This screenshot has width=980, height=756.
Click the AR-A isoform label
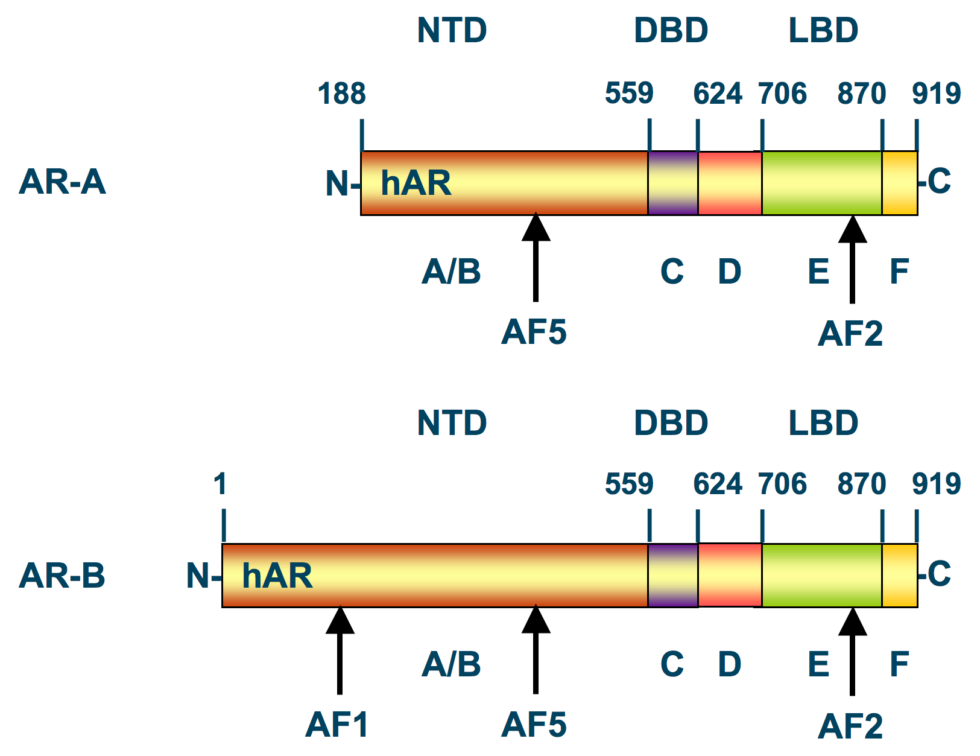pyautogui.click(x=62, y=182)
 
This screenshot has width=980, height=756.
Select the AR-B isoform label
pyautogui.click(x=62, y=575)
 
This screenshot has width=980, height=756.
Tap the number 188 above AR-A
pyautogui.click(x=341, y=94)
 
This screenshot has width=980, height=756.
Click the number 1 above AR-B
pyautogui.click(x=220, y=484)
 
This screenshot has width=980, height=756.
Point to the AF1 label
pyautogui.click(x=337, y=724)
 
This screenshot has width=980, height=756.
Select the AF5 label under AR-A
pyautogui.click(x=534, y=332)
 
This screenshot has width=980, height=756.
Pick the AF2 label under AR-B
pyautogui.click(x=850, y=726)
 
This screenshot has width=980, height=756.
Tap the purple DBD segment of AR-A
pyautogui.click(x=673, y=183)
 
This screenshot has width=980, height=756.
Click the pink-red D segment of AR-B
pyautogui.click(x=730, y=575)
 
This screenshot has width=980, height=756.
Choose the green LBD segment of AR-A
pyautogui.click(x=821, y=183)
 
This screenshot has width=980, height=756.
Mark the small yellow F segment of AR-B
pyautogui.click(x=899, y=575)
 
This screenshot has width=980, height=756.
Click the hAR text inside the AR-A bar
pyautogui.click(x=416, y=183)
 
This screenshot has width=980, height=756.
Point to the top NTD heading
pyautogui.click(x=452, y=30)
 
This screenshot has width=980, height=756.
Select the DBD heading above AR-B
pyautogui.click(x=671, y=422)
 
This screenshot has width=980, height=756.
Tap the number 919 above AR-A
pyautogui.click(x=936, y=94)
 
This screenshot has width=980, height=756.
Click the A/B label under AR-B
pyautogui.click(x=451, y=664)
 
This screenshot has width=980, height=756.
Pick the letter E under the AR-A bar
pyautogui.click(x=818, y=272)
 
